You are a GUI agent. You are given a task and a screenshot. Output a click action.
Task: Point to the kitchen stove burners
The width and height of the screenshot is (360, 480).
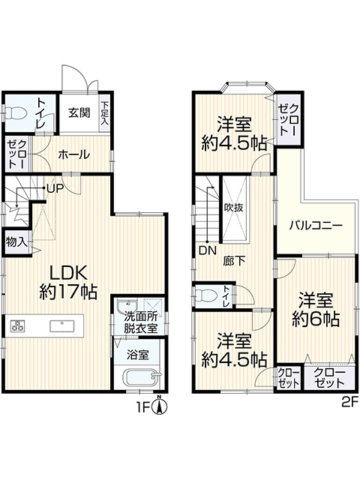(x=18, y=325)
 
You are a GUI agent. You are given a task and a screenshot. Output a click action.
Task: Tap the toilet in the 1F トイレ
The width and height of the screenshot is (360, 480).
(x=15, y=114)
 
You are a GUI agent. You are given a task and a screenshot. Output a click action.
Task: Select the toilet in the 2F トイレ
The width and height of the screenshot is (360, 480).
(x=205, y=295)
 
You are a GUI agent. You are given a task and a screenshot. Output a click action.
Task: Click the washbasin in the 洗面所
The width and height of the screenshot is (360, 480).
(x=127, y=306)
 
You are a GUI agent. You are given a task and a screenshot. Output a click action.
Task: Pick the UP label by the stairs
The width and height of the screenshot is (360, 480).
(x=55, y=187)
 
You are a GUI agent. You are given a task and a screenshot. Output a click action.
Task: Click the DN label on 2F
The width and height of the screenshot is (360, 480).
(x=207, y=250)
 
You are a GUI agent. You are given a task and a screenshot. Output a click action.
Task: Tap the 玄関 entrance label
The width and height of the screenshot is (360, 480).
(x=79, y=113)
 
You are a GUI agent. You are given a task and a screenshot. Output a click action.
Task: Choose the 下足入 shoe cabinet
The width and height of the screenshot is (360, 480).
(x=105, y=113)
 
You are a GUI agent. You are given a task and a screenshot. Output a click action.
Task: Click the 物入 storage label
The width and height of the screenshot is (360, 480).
(x=16, y=243)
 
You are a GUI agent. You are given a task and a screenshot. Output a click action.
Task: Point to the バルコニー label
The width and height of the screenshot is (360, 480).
(x=316, y=226)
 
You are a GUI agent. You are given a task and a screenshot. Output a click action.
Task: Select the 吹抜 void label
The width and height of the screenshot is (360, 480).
(x=233, y=208)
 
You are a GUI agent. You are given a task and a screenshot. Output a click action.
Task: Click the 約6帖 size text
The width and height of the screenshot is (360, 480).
(x=316, y=319)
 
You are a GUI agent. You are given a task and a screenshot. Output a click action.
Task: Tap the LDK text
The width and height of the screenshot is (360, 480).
(x=69, y=272)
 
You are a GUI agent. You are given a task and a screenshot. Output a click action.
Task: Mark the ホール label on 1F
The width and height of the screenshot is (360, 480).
(x=73, y=154)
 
